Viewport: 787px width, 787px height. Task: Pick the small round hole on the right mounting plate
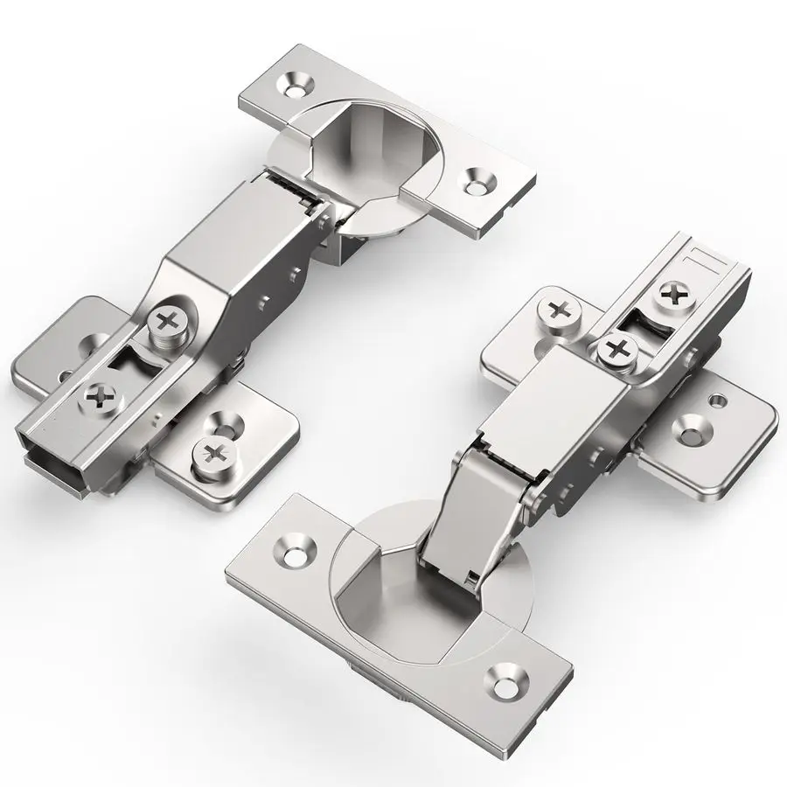[x=719, y=400]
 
